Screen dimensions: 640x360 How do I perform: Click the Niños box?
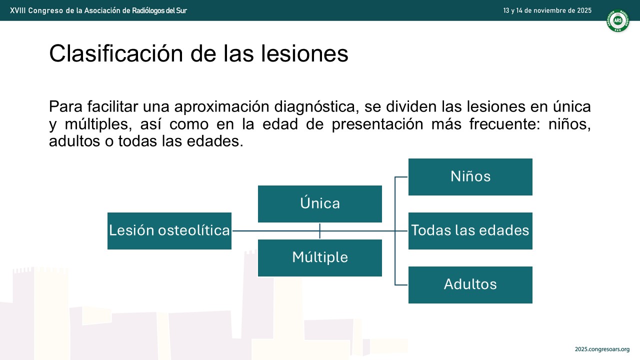point(470,177)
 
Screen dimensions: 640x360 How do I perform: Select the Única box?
point(319,204)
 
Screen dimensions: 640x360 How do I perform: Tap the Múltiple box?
point(319,257)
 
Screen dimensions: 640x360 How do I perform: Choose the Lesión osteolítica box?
point(169,231)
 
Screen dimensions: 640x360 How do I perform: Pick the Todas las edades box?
point(470,231)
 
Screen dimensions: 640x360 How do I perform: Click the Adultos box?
point(470,285)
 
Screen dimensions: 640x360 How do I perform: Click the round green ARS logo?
point(617,20)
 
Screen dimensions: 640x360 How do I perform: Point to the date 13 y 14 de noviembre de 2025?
point(547,10)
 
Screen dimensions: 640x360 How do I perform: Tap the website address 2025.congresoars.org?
point(602,349)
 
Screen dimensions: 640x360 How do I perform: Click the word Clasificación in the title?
point(116,53)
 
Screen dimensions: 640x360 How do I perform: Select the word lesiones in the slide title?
point(304,53)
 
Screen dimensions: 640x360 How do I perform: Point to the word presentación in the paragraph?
point(377,124)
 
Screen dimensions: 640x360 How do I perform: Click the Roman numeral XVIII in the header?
point(17,10)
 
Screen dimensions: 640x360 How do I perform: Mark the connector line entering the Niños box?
point(401,177)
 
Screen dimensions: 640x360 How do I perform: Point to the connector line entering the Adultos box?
point(401,285)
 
